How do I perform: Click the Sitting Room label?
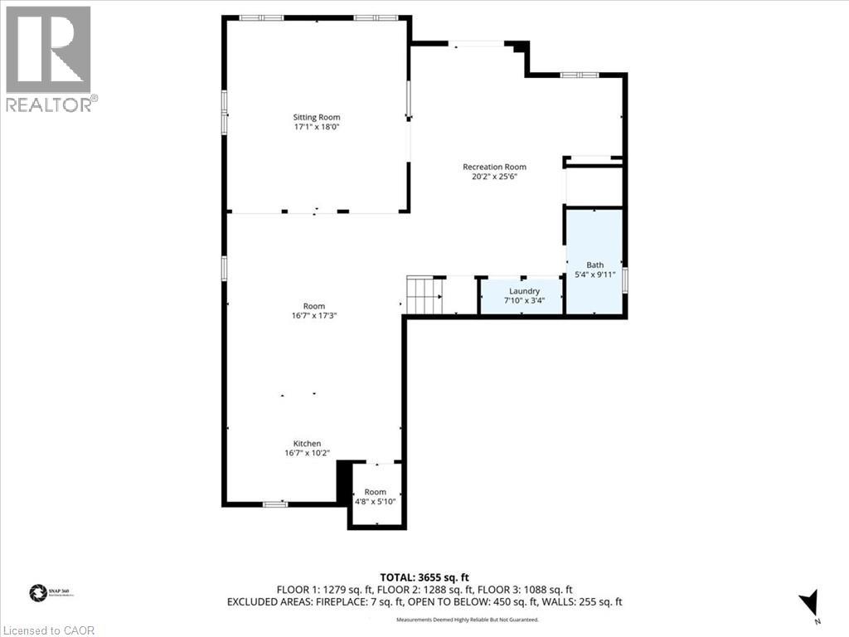pos(316,117)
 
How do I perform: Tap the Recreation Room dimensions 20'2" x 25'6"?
pos(494,177)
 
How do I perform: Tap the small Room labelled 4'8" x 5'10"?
pos(376,497)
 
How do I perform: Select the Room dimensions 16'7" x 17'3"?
pos(314,315)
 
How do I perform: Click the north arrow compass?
pos(810,603)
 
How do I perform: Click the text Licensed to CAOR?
pos(48,630)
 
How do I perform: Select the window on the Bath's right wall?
pos(625,275)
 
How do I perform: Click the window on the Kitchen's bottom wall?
pos(275,503)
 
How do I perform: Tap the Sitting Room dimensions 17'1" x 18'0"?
pos(316,128)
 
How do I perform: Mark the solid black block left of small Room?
pos(343,482)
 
